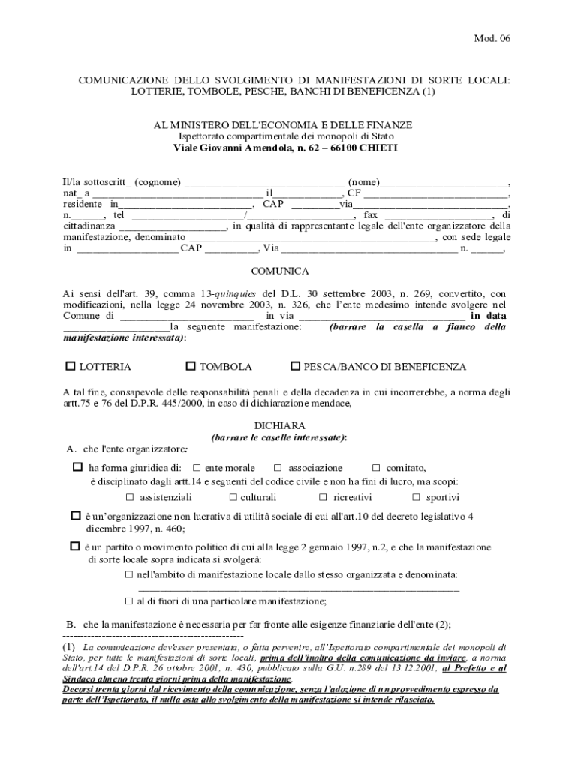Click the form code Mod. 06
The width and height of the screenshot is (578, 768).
tap(492, 39)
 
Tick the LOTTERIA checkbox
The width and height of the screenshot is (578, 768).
tap(71, 366)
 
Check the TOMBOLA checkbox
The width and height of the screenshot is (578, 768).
tap(191, 366)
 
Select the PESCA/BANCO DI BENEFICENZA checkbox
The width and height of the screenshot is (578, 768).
tap(296, 366)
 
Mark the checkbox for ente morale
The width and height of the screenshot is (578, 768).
tap(197, 467)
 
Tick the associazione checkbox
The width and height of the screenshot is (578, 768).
tap(278, 467)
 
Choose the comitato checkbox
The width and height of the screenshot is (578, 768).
tap(377, 467)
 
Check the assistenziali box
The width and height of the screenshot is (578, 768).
tap(130, 497)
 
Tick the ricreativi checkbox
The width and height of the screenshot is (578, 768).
tap(323, 497)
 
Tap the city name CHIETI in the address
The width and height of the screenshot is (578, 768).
tap(378, 148)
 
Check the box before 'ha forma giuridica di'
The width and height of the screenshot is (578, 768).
tap(77, 466)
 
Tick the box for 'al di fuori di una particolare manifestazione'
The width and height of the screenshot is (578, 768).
tap(129, 601)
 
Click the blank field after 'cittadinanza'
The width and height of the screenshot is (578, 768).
tap(173, 226)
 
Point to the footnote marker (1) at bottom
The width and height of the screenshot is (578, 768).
tap(69, 646)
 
